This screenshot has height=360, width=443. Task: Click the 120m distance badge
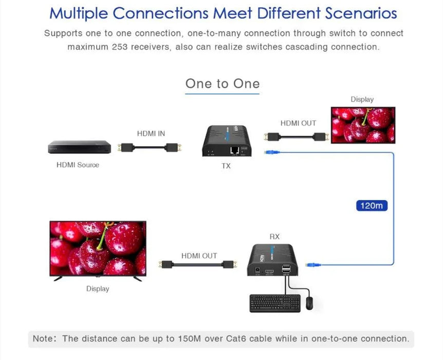371,206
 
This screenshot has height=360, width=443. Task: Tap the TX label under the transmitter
226,166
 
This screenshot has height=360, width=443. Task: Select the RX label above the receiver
274,237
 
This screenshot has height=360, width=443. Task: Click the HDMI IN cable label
151,134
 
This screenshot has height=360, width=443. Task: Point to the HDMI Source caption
78,165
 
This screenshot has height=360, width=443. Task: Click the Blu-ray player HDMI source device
79,147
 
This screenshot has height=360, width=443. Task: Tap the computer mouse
309,303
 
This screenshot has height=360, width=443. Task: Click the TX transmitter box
228,141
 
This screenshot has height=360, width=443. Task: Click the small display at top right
362,125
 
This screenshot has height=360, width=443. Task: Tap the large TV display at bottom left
98,249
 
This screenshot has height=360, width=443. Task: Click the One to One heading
222,84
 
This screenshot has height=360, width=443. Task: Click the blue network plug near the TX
270,152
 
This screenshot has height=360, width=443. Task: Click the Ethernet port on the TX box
235,151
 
